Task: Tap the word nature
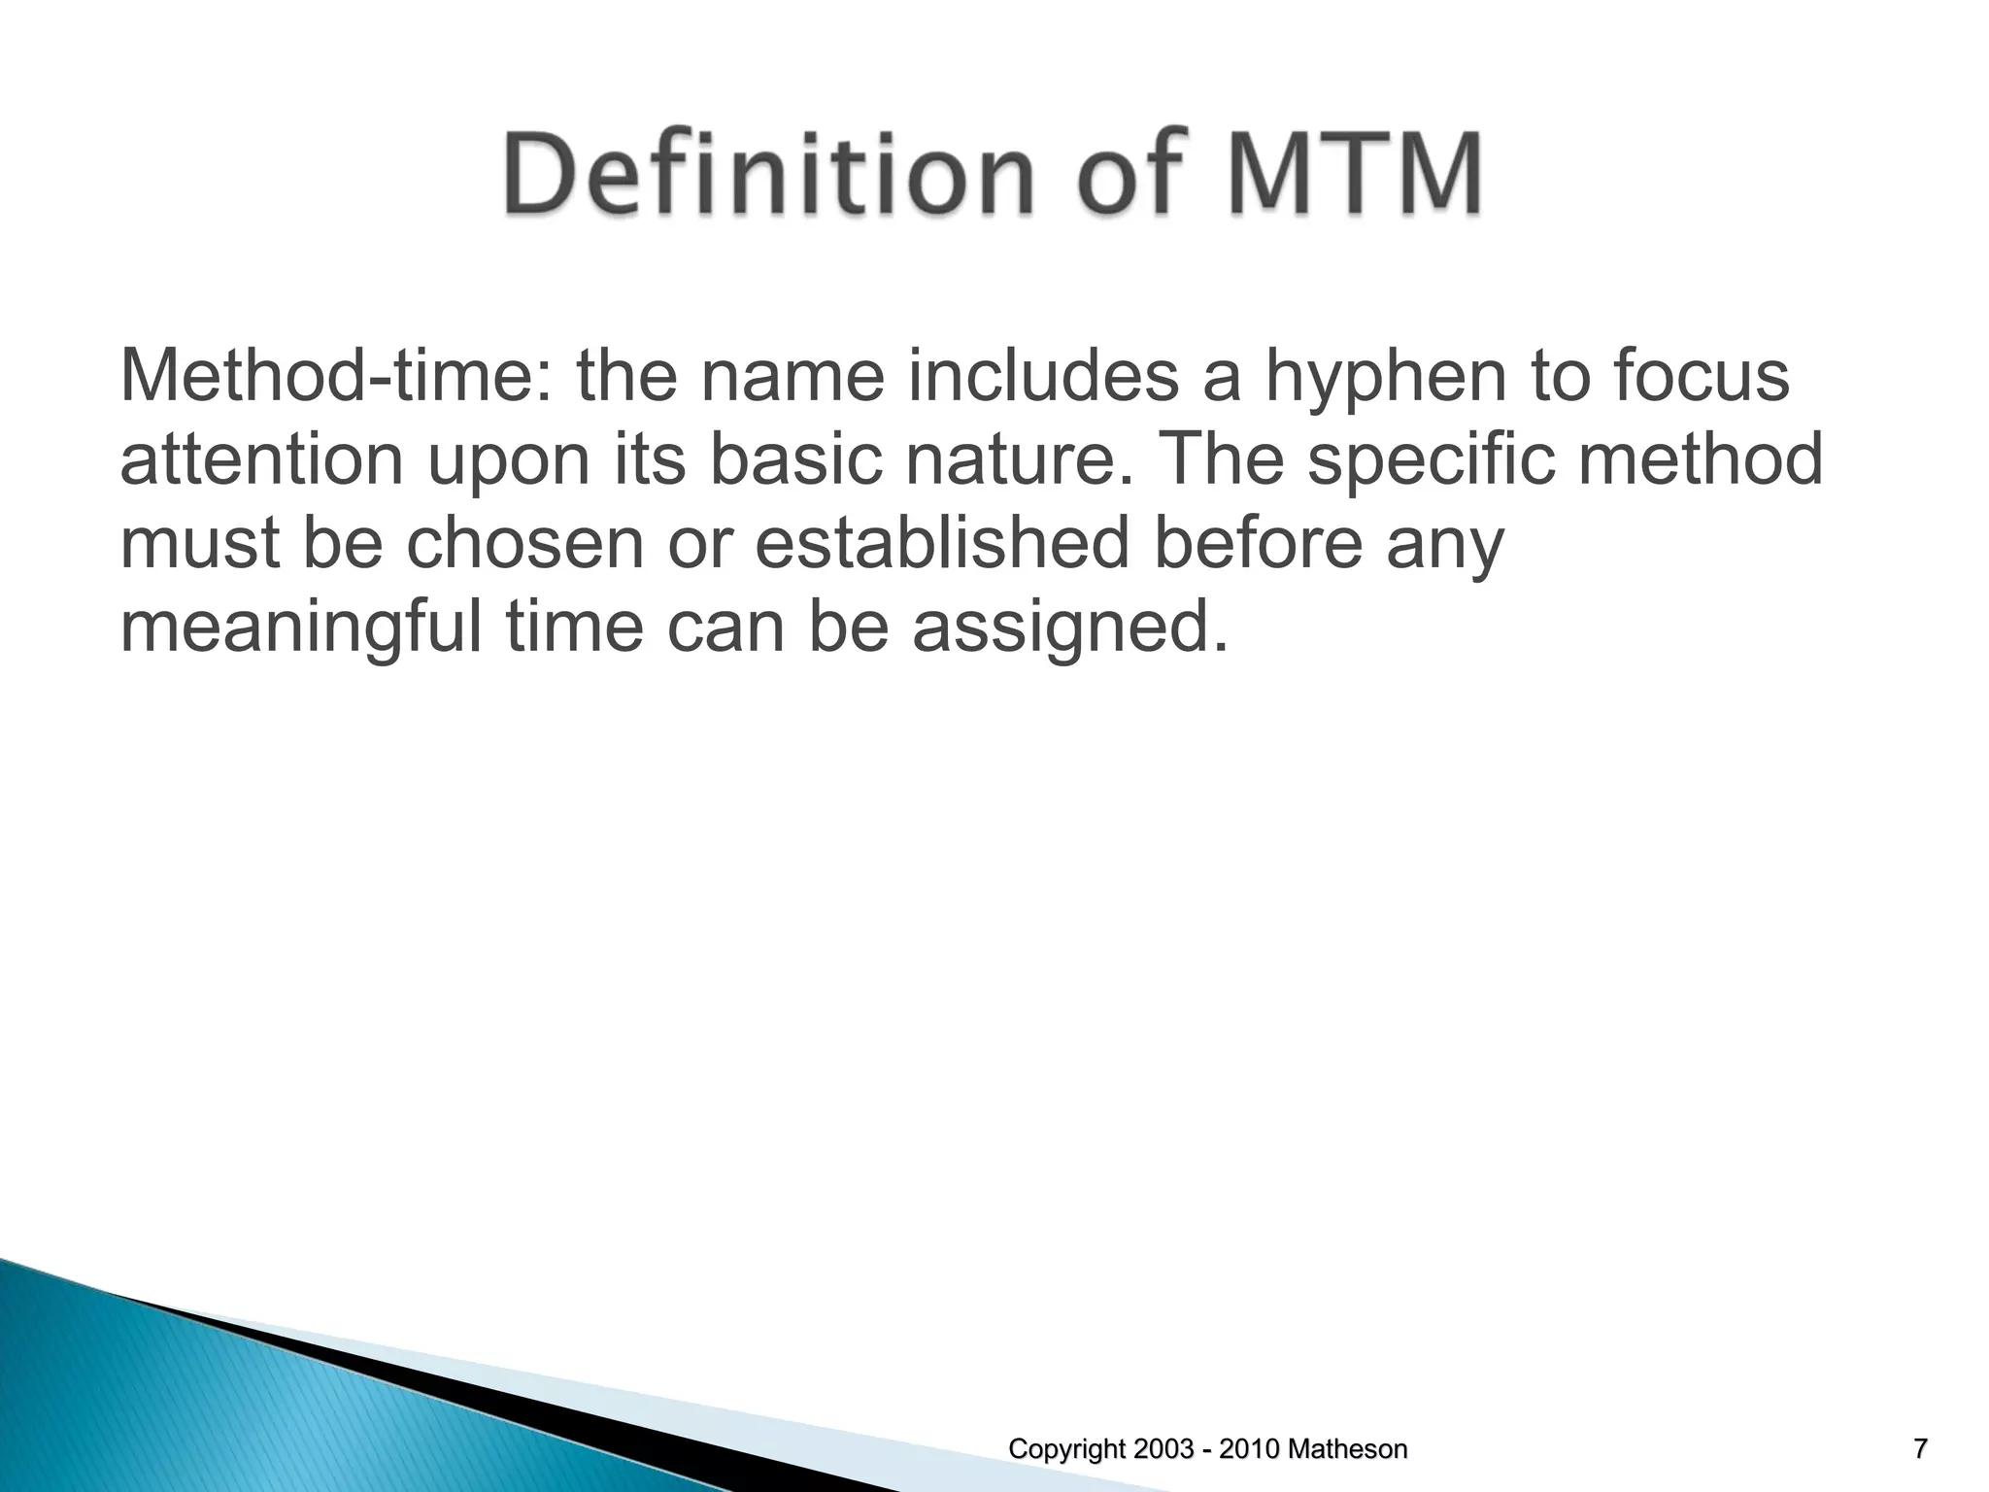[1024, 462]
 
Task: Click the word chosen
[525, 544]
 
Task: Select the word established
[942, 544]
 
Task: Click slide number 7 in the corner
[1920, 1450]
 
